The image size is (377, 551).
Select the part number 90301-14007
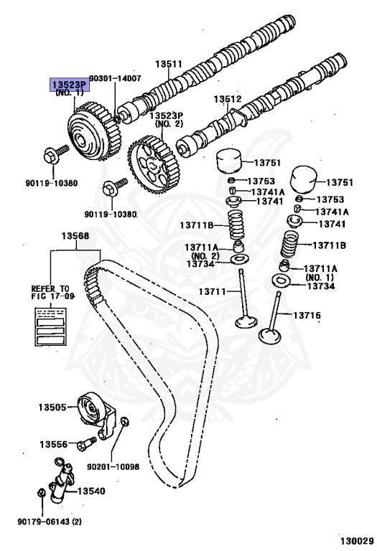[114, 77]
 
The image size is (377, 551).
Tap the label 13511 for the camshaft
[169, 64]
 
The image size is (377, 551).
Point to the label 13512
[228, 100]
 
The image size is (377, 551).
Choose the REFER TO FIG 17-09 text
[51, 291]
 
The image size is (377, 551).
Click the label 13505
[52, 408]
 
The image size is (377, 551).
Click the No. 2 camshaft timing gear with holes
[152, 164]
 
